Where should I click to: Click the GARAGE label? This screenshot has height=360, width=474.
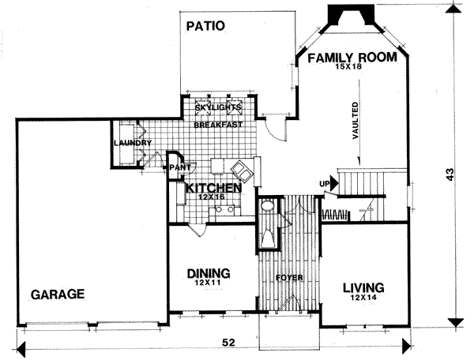58,294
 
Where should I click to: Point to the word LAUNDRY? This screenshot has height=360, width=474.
132,143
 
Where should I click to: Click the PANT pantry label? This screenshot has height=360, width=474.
175,167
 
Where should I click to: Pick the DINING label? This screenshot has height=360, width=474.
209,273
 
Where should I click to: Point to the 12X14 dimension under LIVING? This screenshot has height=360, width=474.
363,298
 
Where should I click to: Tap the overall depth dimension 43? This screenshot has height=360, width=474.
452,177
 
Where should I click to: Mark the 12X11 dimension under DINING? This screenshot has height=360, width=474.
209,283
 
